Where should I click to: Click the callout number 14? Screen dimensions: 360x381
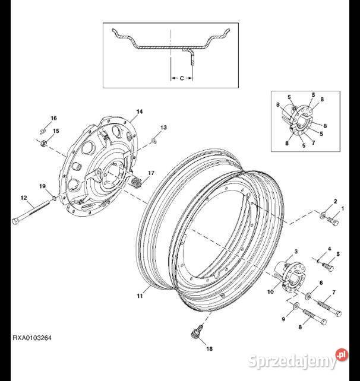pyautogui.click(x=140, y=112)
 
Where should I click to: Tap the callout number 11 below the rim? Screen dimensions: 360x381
pyautogui.click(x=140, y=296)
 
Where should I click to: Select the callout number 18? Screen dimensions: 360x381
pyautogui.click(x=210, y=349)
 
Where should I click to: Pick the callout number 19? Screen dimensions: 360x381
pyautogui.click(x=42, y=186)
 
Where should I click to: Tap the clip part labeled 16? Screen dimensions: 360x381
pyautogui.click(x=43, y=131)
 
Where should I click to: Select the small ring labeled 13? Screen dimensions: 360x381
pyautogui.click(x=154, y=141)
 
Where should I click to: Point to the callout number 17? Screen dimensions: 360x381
pyautogui.click(x=151, y=173)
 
